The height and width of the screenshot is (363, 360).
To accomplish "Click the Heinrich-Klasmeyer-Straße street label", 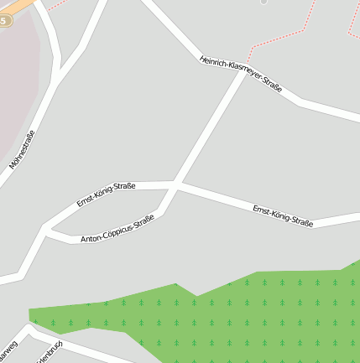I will point(241,74).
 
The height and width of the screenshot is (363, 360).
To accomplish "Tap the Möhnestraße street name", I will point(22,150).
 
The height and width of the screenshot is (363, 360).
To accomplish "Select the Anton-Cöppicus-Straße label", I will point(117,229).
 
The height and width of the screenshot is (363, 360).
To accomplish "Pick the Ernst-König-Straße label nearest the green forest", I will point(283,215).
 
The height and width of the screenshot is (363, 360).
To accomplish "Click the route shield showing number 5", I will point(5,20).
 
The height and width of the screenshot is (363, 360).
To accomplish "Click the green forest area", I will point(252,314).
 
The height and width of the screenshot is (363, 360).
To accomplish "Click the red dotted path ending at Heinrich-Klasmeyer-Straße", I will point(277,35).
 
